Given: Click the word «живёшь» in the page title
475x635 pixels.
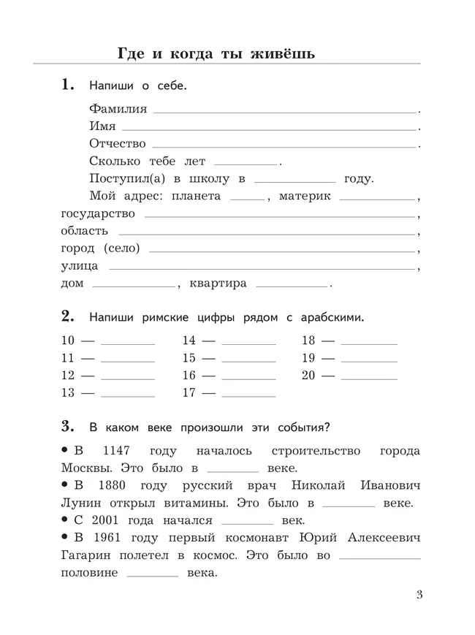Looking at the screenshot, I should pyautogui.click(x=278, y=53).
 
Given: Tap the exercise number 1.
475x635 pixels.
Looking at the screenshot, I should pyautogui.click(x=68, y=85).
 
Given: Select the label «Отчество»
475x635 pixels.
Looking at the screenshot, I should pyautogui.click(x=118, y=144).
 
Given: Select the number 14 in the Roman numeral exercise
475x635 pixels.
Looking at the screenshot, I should pyautogui.click(x=189, y=341).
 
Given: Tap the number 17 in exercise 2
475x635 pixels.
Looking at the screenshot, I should pyautogui.click(x=189, y=393).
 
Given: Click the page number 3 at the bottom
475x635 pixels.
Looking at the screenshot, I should pyautogui.click(x=419, y=594).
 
